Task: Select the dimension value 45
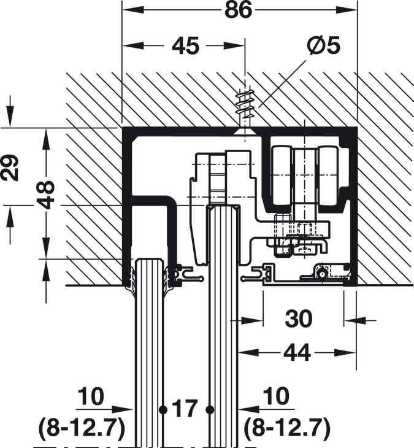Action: (186, 46)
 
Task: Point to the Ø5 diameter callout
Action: (323, 46)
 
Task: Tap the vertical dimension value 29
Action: (10, 166)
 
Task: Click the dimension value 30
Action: (299, 319)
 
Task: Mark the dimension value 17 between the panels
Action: (186, 408)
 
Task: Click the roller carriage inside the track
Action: (305, 178)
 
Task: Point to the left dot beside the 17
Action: (163, 408)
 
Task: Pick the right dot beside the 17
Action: (210, 408)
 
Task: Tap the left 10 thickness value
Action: (91, 397)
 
